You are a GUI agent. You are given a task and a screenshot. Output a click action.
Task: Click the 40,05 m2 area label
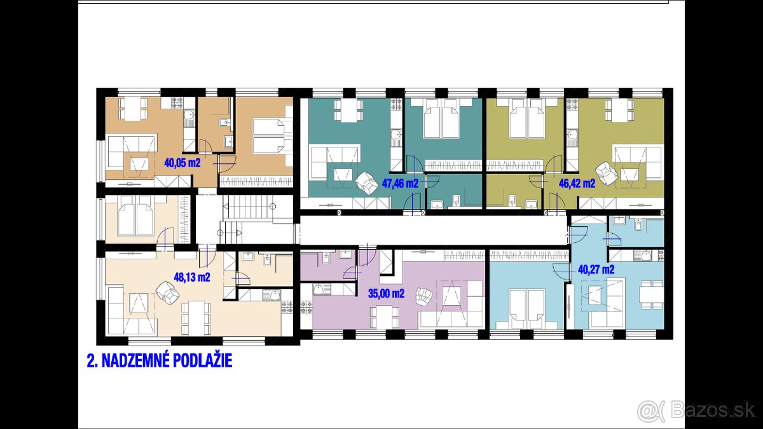pos(182,163)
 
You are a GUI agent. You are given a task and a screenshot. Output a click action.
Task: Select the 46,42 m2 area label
pos(577,184)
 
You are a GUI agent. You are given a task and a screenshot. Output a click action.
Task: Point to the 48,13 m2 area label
pos(191,277)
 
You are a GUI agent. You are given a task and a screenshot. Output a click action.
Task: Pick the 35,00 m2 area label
pos(387,294)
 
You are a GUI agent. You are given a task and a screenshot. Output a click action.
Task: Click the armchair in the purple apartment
pos(423,296)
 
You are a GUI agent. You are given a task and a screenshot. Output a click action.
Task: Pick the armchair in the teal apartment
pos(366,183)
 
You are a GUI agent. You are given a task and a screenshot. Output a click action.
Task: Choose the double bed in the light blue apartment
pos(527,310)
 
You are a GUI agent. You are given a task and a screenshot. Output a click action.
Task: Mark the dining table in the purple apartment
pos(383,315)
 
